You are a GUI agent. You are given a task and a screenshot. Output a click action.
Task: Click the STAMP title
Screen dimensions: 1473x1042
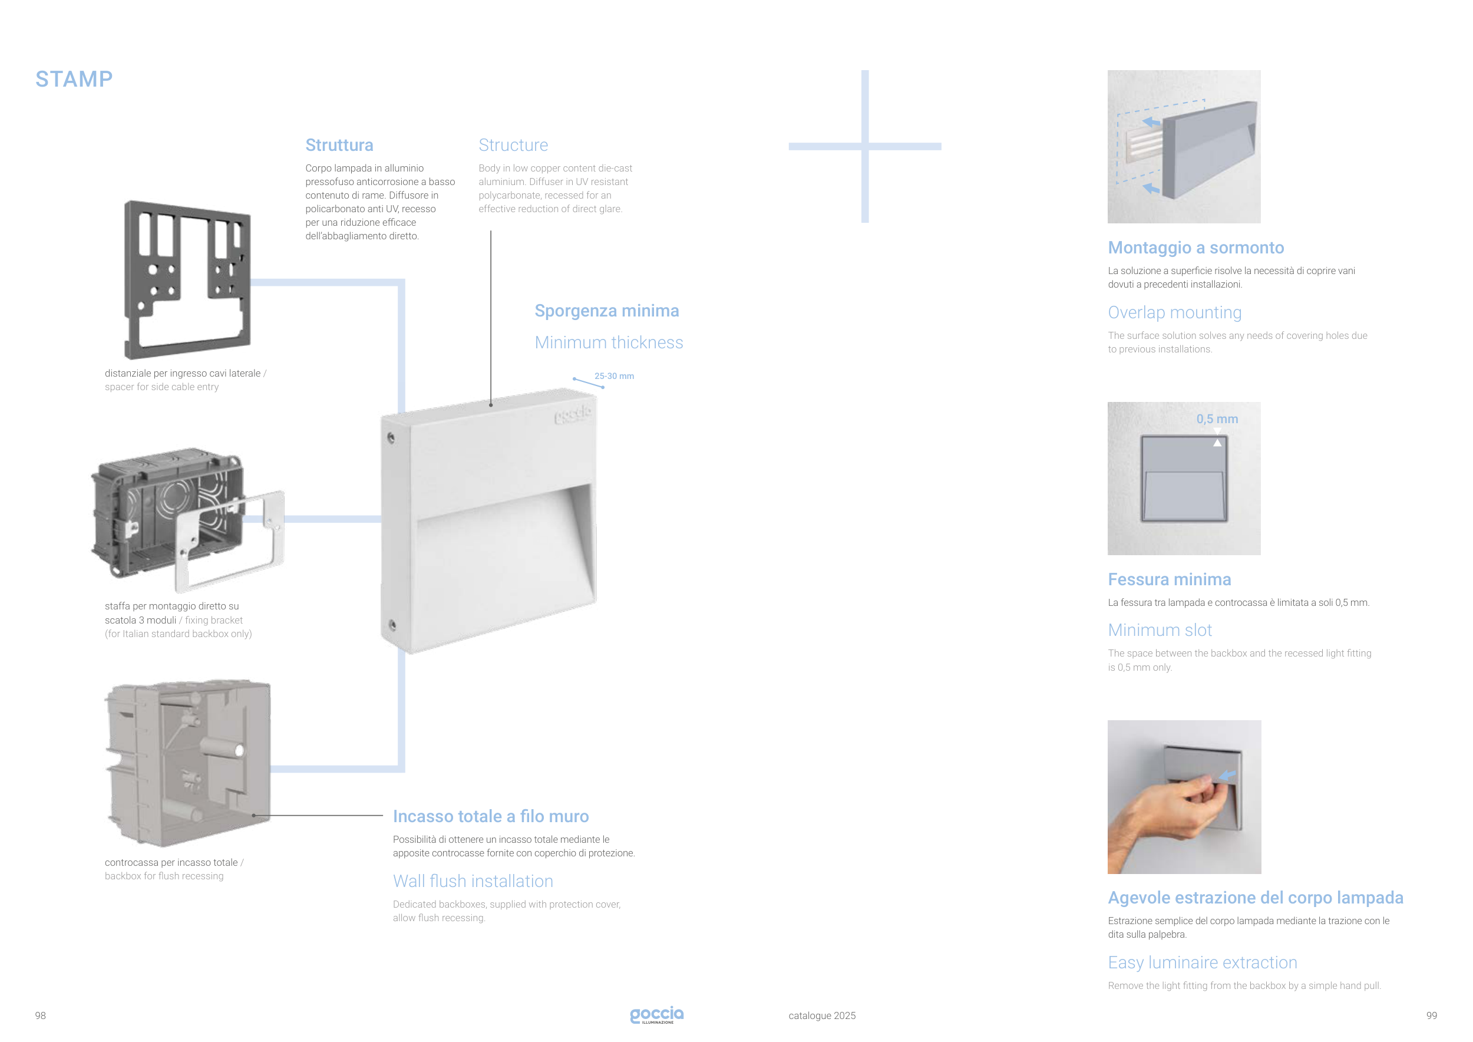74,79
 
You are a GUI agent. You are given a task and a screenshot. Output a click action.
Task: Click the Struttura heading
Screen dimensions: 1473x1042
339,145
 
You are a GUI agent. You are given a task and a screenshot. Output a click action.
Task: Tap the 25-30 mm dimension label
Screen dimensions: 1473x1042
614,376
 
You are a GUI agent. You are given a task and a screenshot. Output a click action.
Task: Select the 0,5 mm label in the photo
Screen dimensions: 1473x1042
1217,419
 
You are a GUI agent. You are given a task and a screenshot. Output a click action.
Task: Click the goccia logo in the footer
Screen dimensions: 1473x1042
657,1014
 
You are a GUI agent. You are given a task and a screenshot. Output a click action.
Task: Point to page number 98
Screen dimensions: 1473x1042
41,1015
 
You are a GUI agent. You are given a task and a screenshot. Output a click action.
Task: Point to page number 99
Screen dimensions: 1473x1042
1431,1015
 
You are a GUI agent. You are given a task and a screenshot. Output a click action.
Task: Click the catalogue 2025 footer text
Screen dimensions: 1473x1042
822,1015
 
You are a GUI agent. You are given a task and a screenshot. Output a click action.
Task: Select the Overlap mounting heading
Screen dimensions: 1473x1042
1175,312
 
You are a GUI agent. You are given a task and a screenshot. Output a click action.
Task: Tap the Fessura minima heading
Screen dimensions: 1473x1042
1170,579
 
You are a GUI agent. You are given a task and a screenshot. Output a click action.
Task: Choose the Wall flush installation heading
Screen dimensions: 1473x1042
473,881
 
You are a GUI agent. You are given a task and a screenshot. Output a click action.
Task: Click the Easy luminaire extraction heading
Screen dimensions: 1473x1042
1203,962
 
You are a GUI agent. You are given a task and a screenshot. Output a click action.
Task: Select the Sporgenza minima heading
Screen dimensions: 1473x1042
607,311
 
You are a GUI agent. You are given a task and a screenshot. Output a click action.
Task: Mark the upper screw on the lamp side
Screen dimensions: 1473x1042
391,438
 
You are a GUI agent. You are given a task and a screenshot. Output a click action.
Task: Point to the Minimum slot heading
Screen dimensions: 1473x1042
1160,630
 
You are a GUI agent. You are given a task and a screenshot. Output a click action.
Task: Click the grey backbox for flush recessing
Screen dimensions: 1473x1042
187,764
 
